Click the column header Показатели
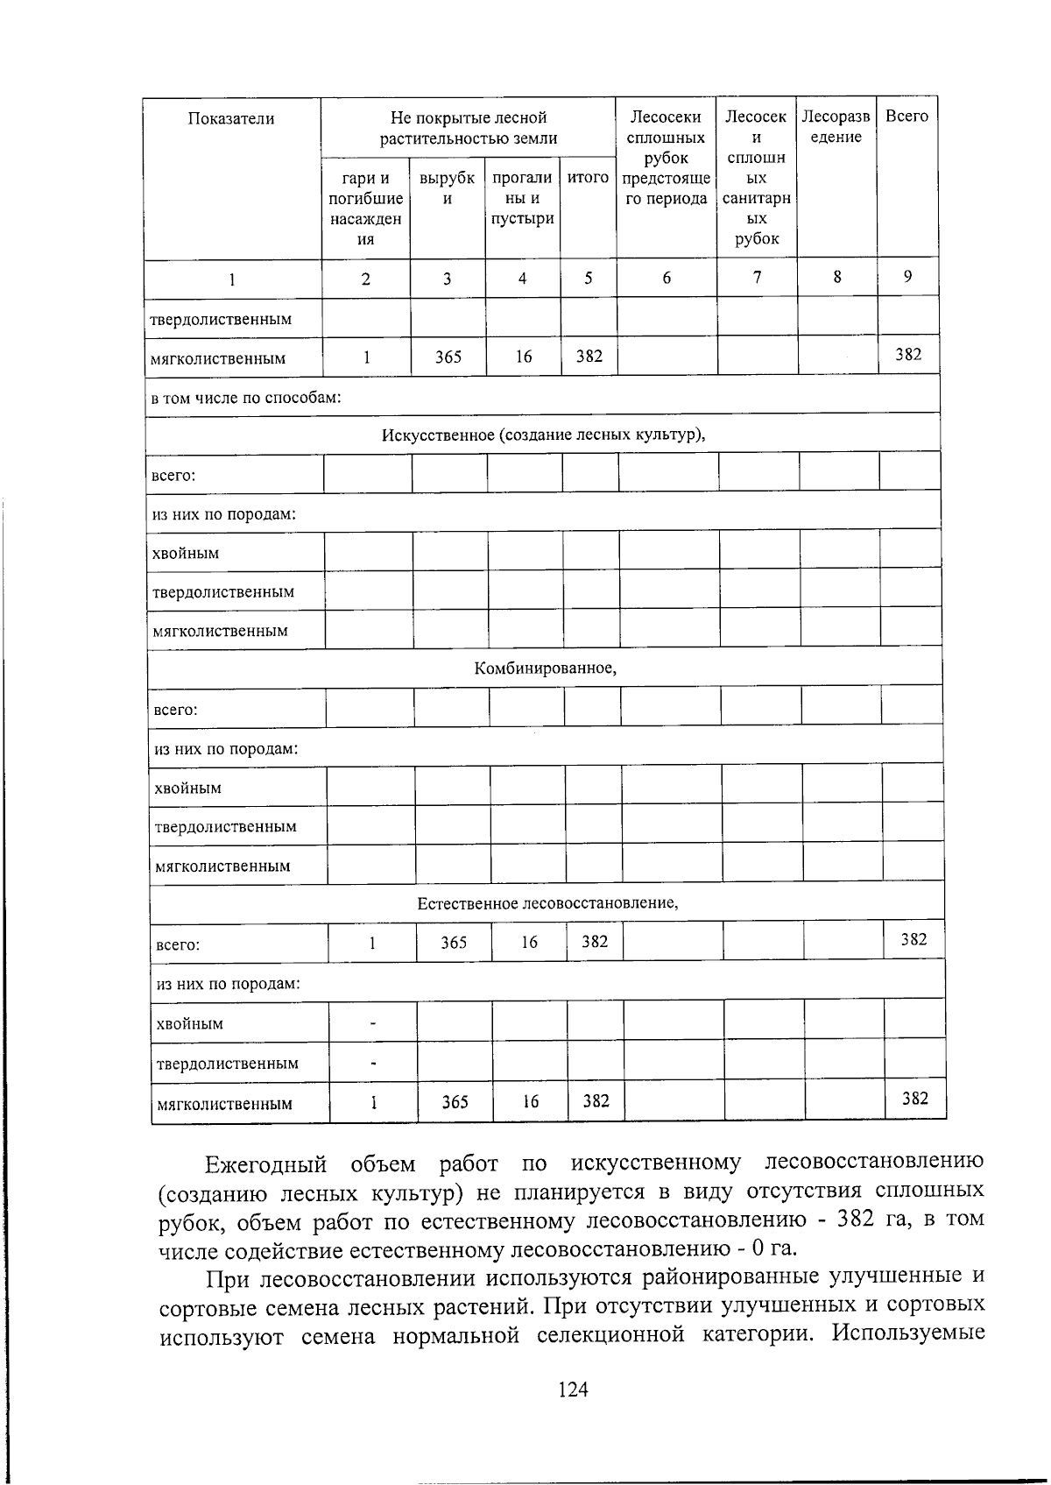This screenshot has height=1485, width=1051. point(231,119)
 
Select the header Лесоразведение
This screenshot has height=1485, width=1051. point(836,127)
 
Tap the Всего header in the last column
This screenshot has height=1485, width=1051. point(906,117)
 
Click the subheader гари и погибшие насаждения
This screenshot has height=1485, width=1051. point(365,209)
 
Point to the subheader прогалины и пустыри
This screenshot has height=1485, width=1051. point(522,198)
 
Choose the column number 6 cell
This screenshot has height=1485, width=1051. point(667,278)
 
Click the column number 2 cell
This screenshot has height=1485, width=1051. point(365,279)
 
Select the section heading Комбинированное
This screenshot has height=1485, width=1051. point(545,668)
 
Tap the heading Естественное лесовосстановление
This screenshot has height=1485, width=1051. point(547,902)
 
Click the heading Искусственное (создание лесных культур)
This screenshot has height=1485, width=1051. point(543,435)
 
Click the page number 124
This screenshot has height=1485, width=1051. point(572,1389)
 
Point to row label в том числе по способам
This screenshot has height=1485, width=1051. point(246,398)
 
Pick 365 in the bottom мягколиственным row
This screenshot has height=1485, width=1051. point(455,1102)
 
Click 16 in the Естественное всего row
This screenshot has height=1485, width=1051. point(529,943)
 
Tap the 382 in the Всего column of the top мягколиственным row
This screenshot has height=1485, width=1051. point(907,354)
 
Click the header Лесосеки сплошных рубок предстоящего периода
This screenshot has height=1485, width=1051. point(666,158)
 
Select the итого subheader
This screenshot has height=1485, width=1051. point(588,178)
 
